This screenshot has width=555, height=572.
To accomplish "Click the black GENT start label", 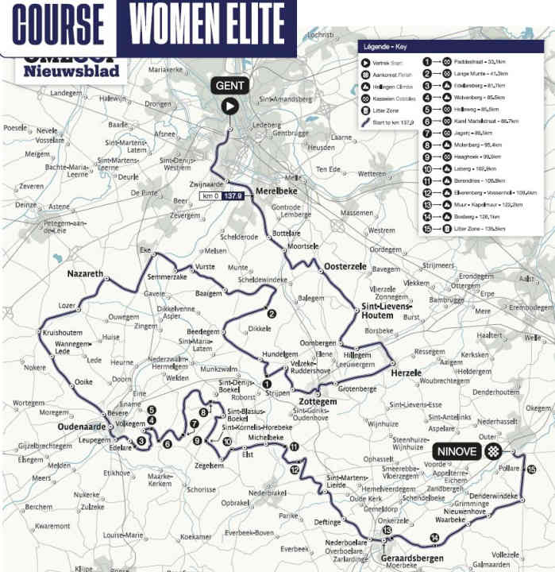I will click(x=229, y=86).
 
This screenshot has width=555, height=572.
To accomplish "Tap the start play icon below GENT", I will click(x=229, y=105).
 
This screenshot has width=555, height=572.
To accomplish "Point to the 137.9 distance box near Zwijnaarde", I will click(x=233, y=195).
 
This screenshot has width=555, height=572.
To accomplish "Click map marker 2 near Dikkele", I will click(x=272, y=314).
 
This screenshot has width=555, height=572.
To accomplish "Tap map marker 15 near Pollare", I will click(x=530, y=469).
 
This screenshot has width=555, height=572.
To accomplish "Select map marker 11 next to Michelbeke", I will click(x=294, y=447).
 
